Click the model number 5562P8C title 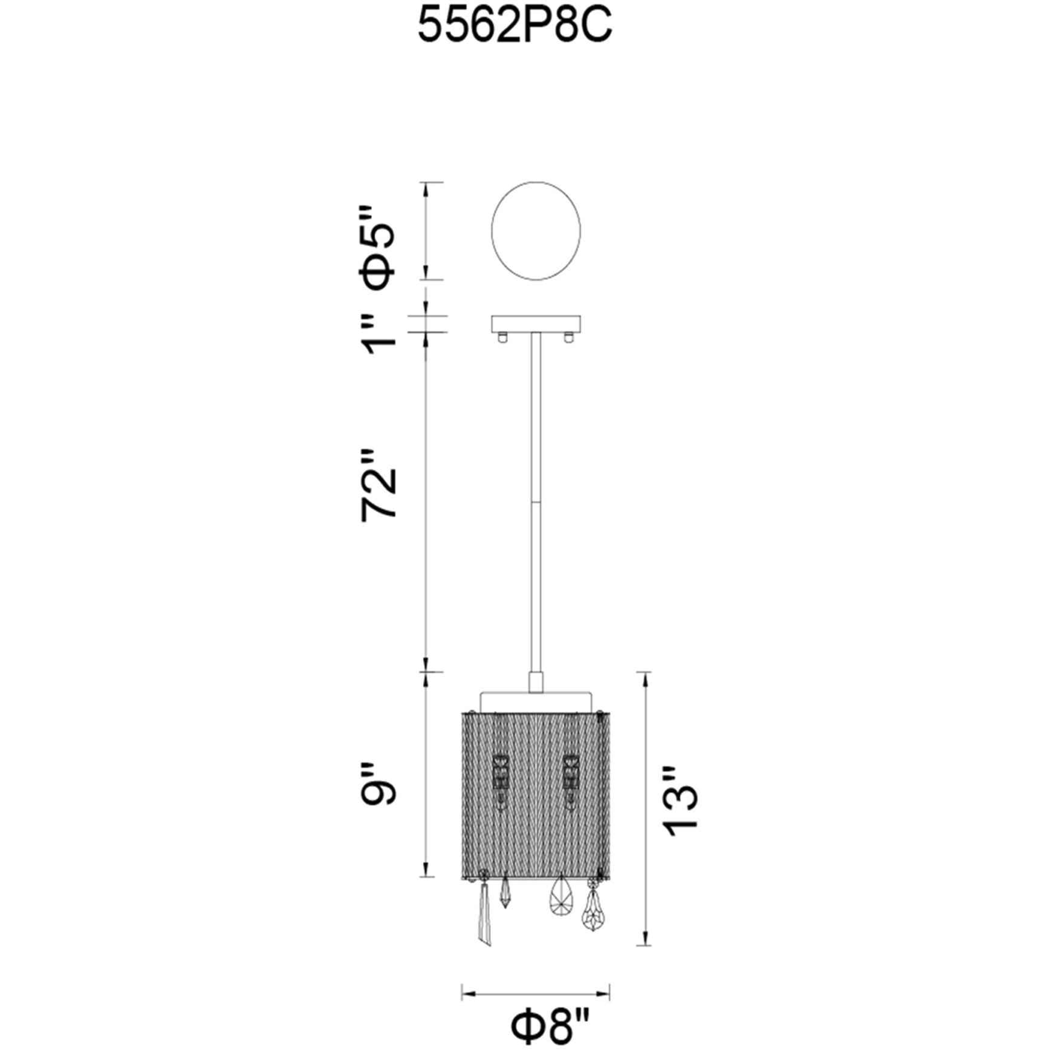pos(515,27)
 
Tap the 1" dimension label pos(380,334)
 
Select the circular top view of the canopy pos(536,230)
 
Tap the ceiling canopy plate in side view pos(536,323)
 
